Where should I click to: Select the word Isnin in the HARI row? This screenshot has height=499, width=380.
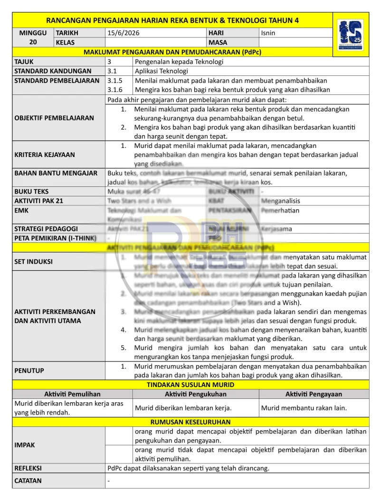268,33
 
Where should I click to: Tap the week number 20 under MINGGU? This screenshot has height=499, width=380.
33,42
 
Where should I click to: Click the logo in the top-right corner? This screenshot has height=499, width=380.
350,35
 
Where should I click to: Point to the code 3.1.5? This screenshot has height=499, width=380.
114,81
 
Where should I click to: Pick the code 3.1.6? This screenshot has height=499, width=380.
114,90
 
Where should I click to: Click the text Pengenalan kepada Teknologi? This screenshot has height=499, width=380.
179,62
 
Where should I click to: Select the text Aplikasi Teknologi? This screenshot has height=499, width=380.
161,71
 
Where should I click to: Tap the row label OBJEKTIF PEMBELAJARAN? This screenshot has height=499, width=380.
54,118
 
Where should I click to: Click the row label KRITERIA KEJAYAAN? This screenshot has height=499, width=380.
45,155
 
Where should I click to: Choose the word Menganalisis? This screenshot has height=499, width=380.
281,201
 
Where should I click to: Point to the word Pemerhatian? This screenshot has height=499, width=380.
280,210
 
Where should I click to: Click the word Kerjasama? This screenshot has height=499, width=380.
276,229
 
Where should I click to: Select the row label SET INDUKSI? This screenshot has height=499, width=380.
33,261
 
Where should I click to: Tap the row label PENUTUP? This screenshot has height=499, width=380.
28,370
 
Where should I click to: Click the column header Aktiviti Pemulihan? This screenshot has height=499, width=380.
72,394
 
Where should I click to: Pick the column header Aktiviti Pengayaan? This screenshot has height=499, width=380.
313,394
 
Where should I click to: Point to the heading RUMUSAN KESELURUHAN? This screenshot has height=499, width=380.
190,422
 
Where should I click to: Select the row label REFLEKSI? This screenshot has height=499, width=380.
28,468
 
